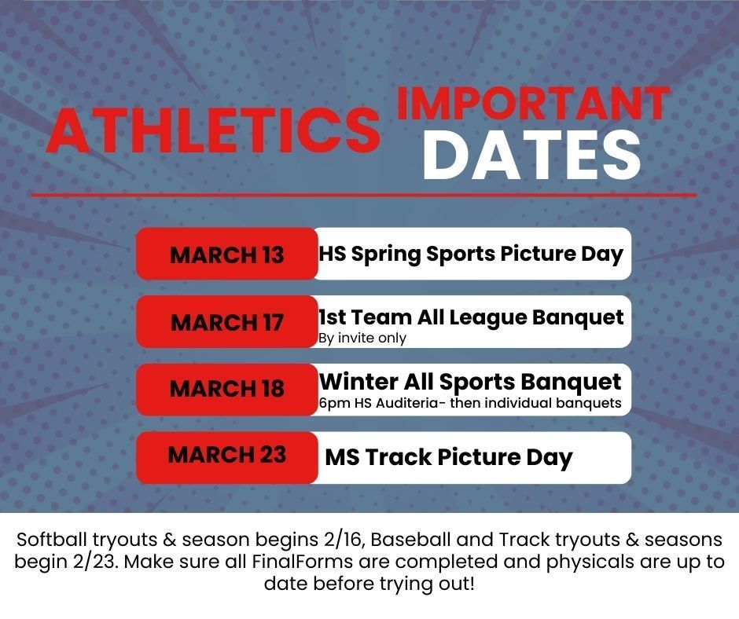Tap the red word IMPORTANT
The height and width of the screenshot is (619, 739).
(x=533, y=104)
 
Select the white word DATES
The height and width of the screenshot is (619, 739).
(x=531, y=155)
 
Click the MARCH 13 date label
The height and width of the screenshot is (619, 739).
(x=227, y=255)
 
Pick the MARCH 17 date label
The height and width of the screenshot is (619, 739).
(x=227, y=323)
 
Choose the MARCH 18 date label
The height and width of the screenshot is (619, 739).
(x=227, y=389)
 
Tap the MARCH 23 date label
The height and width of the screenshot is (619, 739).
(x=227, y=455)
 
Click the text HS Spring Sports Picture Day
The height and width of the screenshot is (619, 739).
(x=470, y=254)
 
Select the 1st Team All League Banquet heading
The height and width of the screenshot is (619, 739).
(x=470, y=317)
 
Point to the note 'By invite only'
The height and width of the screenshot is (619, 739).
(x=362, y=339)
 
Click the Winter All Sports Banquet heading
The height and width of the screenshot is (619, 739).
(x=470, y=383)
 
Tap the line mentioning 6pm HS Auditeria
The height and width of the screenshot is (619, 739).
(x=470, y=404)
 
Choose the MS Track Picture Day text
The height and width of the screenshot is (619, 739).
(x=448, y=457)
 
